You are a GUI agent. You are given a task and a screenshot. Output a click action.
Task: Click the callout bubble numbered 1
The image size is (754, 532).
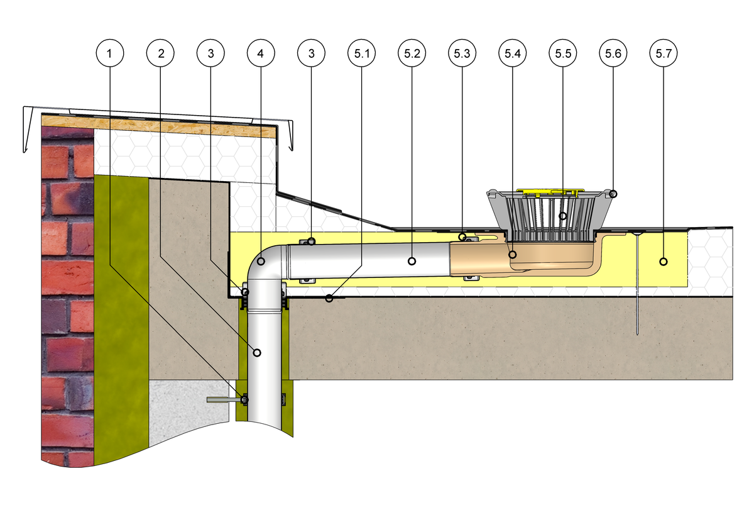pyautogui.click(x=111, y=54)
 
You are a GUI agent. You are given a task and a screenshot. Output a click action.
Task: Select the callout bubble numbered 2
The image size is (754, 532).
pyautogui.click(x=161, y=54)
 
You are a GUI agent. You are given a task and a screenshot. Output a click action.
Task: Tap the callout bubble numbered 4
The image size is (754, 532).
pyautogui.click(x=261, y=54)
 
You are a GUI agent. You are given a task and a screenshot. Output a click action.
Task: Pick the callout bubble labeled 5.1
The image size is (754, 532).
pyautogui.click(x=361, y=54)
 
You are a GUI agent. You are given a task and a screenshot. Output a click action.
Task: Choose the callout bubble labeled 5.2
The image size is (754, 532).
pyautogui.click(x=412, y=54)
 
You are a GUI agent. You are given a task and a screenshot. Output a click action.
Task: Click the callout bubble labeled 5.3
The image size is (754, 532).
pyautogui.click(x=462, y=54)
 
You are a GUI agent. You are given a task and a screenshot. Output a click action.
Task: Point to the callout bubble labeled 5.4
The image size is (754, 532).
pyautogui.click(x=512, y=54)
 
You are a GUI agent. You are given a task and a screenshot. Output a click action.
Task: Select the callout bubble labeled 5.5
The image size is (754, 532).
pyautogui.click(x=562, y=54)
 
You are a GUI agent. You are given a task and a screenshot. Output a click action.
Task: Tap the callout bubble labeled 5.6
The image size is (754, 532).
pyautogui.click(x=613, y=54)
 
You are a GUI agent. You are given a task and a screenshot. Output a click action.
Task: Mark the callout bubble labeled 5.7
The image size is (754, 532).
pyautogui.click(x=663, y=54)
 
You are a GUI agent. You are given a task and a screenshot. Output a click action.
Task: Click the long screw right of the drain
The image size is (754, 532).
pyautogui.click(x=638, y=283)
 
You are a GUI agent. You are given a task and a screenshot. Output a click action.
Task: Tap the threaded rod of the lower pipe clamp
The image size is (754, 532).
pyautogui.click(x=220, y=399)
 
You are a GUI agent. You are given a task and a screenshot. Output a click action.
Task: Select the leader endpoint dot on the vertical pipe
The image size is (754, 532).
pyautogui.click(x=256, y=352)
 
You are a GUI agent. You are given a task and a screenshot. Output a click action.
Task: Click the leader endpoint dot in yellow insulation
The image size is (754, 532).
pyautogui.click(x=664, y=260)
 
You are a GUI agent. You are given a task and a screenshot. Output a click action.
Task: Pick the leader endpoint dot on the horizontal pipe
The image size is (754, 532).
pyautogui.click(x=412, y=260)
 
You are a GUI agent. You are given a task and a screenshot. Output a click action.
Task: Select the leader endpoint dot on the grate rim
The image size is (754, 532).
pyautogui.click(x=613, y=193)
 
